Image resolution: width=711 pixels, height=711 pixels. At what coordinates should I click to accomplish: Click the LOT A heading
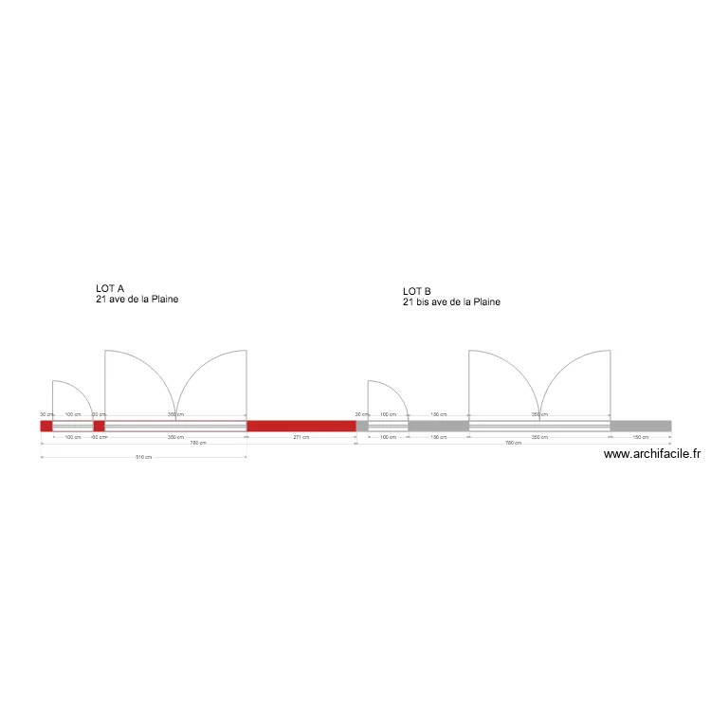[x=110, y=287]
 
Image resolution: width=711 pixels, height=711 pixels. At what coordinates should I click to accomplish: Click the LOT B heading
[x=416, y=291]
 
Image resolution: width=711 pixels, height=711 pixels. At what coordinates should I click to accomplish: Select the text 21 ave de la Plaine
[x=137, y=300]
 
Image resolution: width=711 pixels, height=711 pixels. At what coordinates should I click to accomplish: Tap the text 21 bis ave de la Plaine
[x=451, y=302]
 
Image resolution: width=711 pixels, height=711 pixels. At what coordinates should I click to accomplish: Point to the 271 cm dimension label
[x=301, y=437]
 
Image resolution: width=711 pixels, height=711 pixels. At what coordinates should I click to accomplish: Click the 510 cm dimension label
[x=144, y=458]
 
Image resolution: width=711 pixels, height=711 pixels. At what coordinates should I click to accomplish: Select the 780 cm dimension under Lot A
[x=197, y=443]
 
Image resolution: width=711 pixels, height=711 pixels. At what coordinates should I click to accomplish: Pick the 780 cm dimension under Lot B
[x=512, y=443]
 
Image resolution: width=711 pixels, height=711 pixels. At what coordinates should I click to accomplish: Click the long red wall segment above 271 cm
[x=301, y=427]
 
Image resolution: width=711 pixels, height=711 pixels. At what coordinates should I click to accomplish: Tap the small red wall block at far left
[x=46, y=427]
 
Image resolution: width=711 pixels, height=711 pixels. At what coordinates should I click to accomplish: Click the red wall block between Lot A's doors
[x=99, y=427]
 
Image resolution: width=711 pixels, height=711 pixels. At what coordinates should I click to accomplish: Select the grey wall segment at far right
[x=641, y=427]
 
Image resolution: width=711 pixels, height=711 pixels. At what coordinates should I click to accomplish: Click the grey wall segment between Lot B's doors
[x=438, y=427]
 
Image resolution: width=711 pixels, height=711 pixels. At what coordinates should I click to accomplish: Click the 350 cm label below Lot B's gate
[x=538, y=437]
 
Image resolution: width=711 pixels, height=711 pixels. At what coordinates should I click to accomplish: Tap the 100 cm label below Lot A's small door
[x=73, y=437]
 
